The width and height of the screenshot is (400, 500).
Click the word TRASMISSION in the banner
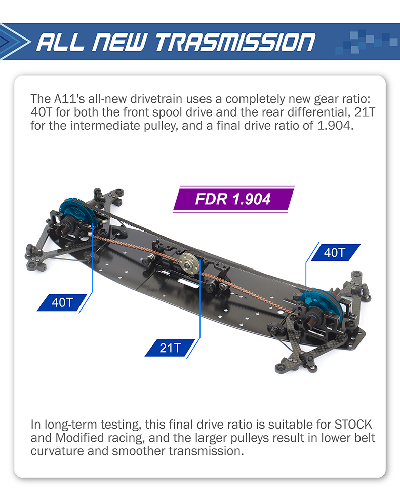click(x=235, y=43)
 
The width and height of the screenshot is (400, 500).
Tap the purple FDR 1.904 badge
click(x=233, y=199)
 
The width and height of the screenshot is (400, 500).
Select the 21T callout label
click(x=170, y=348)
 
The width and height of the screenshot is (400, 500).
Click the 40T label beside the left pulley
click(x=62, y=302)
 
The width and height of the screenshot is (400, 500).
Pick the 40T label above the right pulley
click(x=335, y=253)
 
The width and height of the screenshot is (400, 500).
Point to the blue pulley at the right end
click(x=322, y=303)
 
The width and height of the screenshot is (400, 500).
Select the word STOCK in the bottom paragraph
click(x=353, y=425)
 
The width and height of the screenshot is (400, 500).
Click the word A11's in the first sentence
click(x=69, y=99)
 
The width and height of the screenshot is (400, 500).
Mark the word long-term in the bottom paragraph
click(x=71, y=425)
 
